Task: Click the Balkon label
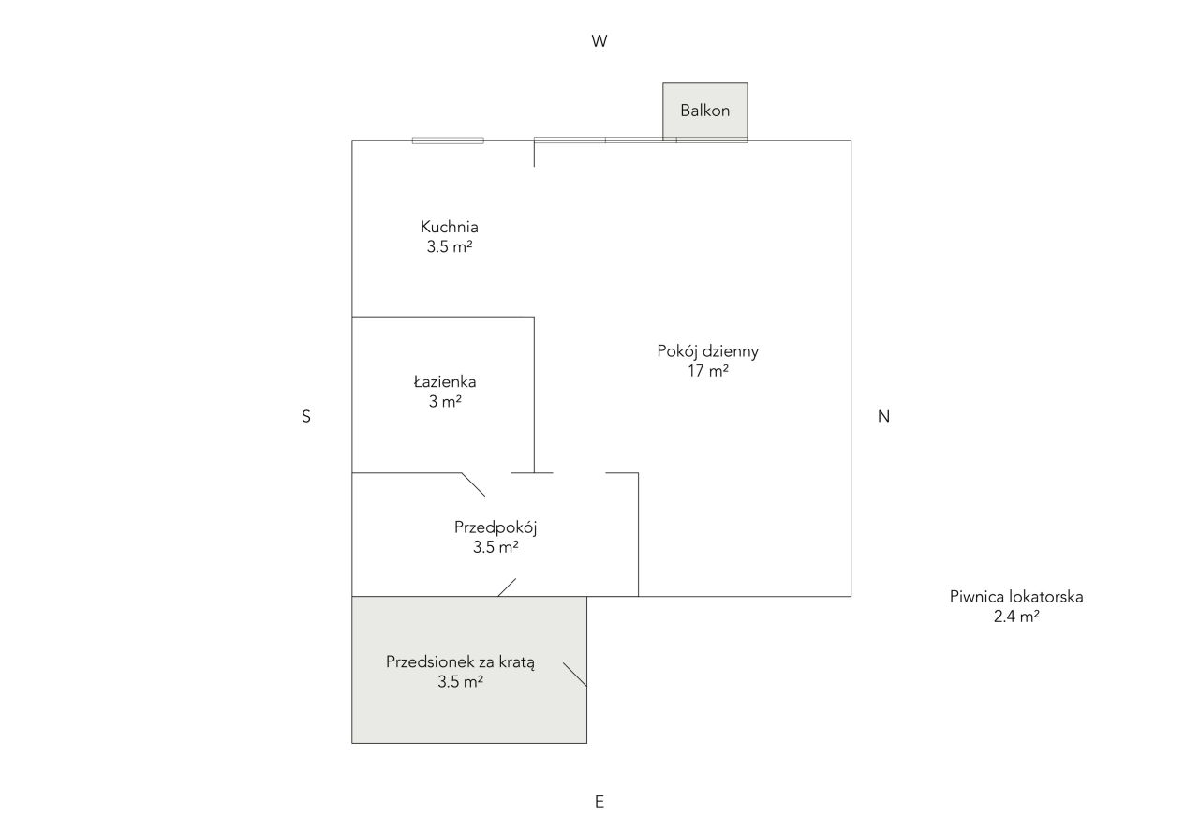705,111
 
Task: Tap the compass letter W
599,41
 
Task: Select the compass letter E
599,801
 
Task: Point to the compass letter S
306,416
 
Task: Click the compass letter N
883,416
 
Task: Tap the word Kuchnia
449,227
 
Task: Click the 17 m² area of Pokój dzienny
707,370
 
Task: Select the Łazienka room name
445,381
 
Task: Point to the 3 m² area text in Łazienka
445,401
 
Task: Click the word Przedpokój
496,527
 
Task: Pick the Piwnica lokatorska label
1016,597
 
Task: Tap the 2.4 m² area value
1016,617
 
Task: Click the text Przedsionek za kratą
460,662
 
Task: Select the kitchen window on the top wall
448,141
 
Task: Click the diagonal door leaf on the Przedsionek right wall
575,675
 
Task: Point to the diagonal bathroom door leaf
473,484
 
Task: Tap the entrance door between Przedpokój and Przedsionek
507,587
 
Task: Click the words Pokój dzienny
707,351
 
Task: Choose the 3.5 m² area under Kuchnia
449,246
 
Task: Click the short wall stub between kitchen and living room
534,153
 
